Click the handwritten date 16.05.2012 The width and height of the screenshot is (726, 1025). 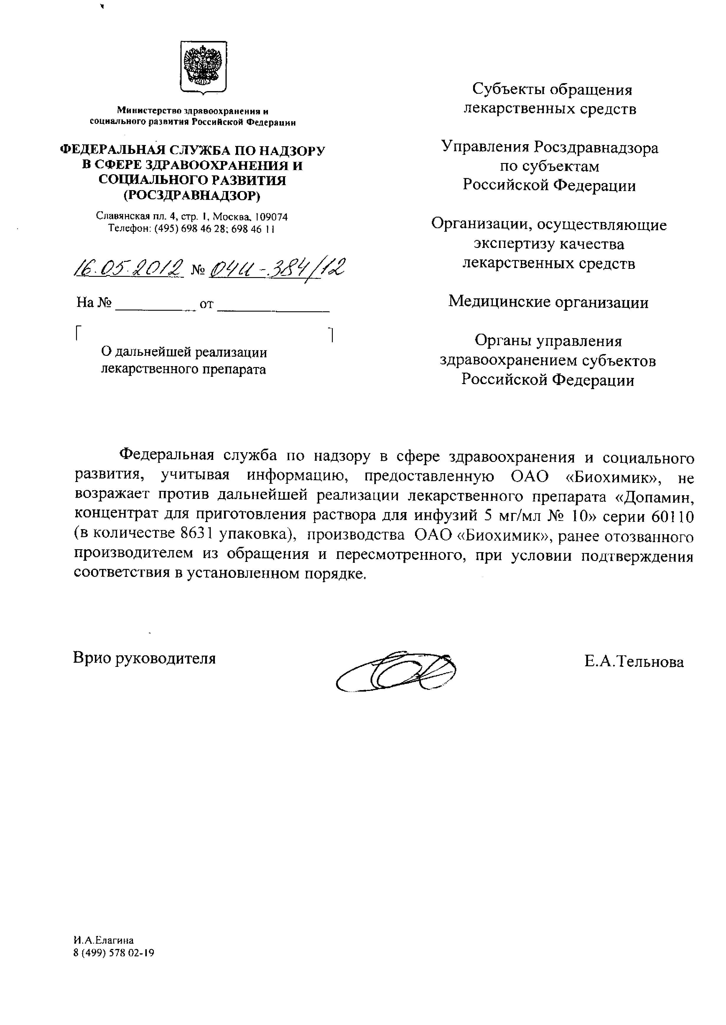pyautogui.click(x=129, y=268)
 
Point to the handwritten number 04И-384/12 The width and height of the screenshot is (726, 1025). pyautogui.click(x=277, y=268)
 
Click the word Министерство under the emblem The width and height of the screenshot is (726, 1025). pyautogui.click(x=149, y=111)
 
